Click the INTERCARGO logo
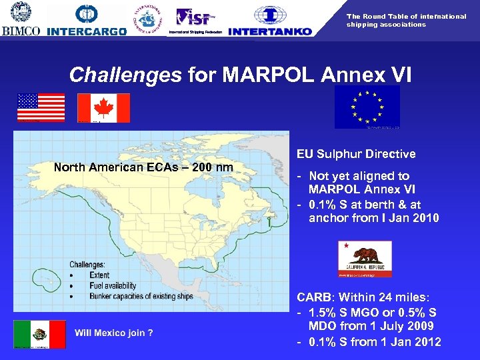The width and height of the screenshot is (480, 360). tap(87, 20)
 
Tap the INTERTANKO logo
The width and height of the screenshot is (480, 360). tap(269, 20)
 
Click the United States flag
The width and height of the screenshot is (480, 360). tap(41, 107)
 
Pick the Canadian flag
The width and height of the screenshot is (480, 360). tap(103, 107)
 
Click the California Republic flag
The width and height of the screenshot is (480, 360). tap(365, 258)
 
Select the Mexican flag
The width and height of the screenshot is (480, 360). tap(39, 334)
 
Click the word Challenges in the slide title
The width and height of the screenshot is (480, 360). tap(125, 75)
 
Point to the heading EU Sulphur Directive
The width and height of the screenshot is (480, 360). tap(356, 154)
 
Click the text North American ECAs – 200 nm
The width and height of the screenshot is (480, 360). tap(143, 167)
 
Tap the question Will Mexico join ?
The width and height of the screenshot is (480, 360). tap(114, 333)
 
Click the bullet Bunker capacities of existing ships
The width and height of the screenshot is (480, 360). tap(136, 296)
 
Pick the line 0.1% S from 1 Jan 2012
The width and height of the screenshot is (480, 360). tap(373, 342)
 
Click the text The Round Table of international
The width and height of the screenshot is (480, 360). tap(406, 16)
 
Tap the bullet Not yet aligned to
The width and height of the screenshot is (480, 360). tap(359, 176)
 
